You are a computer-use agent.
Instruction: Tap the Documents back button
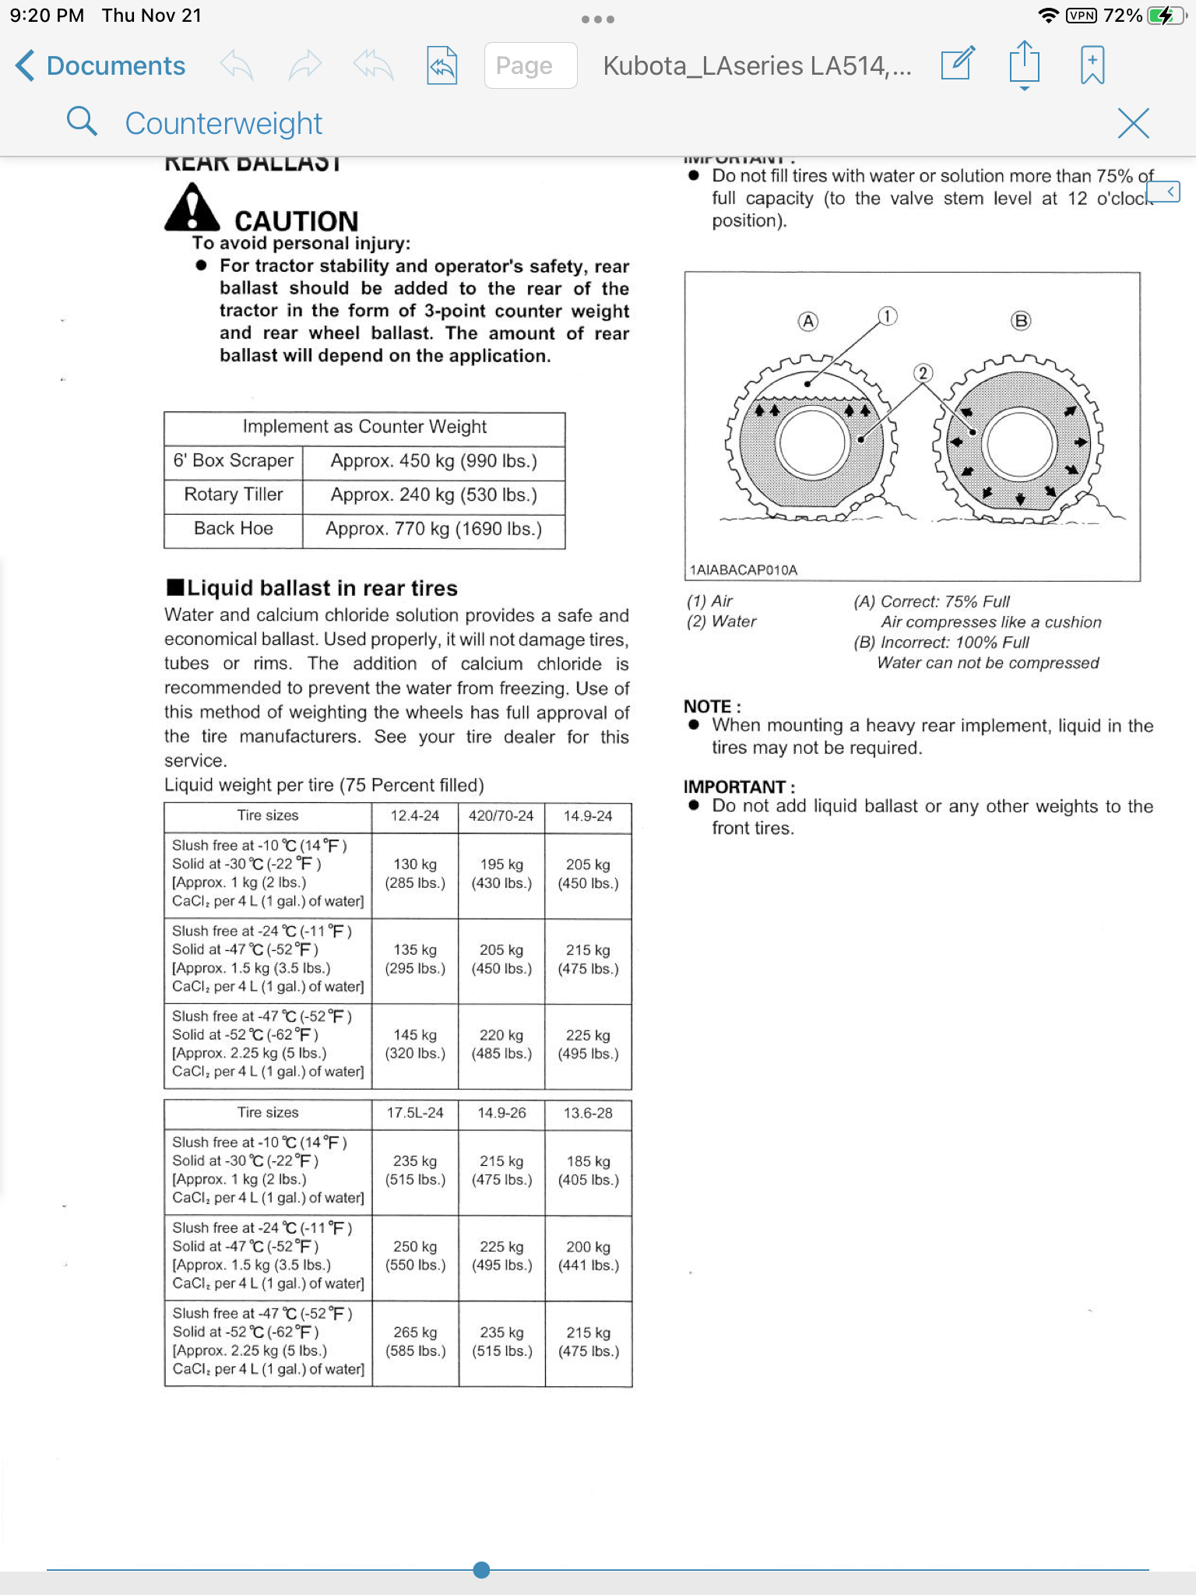click(x=100, y=65)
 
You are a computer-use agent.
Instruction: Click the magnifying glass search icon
click(x=82, y=122)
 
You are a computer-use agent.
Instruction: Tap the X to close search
click(x=1133, y=123)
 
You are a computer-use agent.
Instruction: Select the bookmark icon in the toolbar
click(x=1092, y=65)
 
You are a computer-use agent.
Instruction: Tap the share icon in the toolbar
click(x=1024, y=65)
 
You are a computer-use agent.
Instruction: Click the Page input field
click(x=530, y=65)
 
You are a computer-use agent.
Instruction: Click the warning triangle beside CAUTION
click(x=192, y=208)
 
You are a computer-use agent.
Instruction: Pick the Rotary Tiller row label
click(x=234, y=495)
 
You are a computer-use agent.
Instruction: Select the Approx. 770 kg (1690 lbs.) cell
click(x=434, y=529)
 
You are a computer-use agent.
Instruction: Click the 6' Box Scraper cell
click(x=234, y=460)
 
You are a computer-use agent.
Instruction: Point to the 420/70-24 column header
click(x=501, y=815)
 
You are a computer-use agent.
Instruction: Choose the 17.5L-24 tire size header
click(x=415, y=1113)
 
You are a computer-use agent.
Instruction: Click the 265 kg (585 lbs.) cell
click(x=415, y=1342)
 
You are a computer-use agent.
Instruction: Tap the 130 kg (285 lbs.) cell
click(x=415, y=874)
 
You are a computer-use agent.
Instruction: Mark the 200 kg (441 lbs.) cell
click(x=588, y=1256)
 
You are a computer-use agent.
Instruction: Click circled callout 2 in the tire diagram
click(x=923, y=373)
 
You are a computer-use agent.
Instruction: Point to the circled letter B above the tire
click(x=1020, y=321)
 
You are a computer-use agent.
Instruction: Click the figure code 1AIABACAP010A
click(x=744, y=570)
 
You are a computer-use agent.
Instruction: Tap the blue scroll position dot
click(x=481, y=1569)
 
